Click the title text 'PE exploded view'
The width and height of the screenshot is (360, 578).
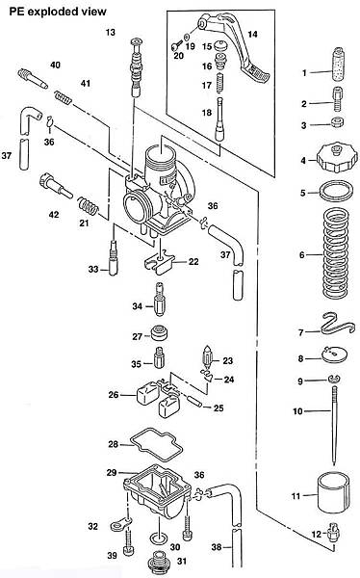(x=58, y=12)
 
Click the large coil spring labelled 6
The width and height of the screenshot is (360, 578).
(x=335, y=252)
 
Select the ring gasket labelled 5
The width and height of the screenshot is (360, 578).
(x=336, y=191)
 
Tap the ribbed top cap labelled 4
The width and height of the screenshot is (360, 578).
(x=337, y=158)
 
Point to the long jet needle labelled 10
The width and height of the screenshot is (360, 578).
(x=335, y=425)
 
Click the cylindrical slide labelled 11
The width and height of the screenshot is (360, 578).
(x=334, y=493)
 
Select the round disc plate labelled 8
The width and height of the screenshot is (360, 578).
(x=335, y=355)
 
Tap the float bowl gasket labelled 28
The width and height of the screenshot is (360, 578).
(x=156, y=445)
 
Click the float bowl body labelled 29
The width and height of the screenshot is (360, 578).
(x=158, y=493)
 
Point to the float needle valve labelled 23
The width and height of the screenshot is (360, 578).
(x=207, y=356)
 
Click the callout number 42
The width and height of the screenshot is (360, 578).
(x=54, y=215)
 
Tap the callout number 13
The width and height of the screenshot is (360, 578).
(x=110, y=33)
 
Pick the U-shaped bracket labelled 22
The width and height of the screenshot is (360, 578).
(x=158, y=262)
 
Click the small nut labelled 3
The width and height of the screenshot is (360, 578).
(x=338, y=122)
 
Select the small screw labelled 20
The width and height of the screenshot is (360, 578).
(x=177, y=45)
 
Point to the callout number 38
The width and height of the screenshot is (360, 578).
(x=217, y=547)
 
